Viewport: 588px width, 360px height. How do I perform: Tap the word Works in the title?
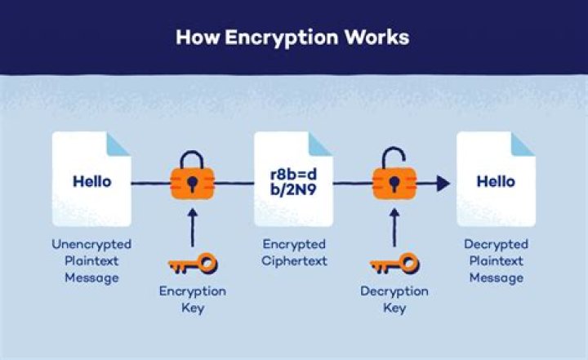coord(376,38)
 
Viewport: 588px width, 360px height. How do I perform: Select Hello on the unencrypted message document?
coord(91,181)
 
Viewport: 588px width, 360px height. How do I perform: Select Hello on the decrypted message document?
coord(496,181)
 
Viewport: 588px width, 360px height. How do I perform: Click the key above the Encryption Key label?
coord(193,264)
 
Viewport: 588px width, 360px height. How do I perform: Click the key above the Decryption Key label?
coord(394,264)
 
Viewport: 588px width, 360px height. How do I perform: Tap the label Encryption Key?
coord(193,300)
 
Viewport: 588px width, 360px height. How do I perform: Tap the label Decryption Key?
coord(394,300)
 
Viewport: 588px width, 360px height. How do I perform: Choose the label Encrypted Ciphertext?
coord(294,252)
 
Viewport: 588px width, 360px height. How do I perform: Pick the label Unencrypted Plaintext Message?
coord(91,261)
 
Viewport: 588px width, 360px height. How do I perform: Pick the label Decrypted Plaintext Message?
coord(496,261)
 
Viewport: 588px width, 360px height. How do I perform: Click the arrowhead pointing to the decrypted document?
coord(443,183)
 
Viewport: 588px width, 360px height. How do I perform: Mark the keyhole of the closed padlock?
coord(192,182)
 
